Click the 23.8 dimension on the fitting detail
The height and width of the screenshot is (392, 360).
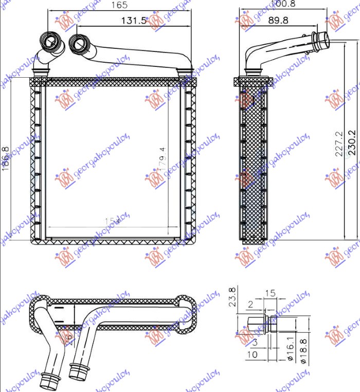click(x=232, y=296)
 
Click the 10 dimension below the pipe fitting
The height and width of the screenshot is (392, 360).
click(x=252, y=354)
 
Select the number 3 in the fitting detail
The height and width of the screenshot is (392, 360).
click(x=256, y=342)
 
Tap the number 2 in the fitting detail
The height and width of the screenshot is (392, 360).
click(x=250, y=305)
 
